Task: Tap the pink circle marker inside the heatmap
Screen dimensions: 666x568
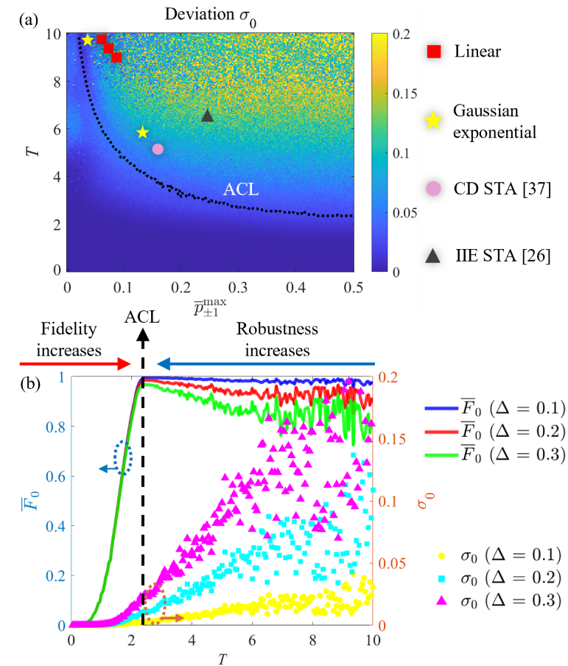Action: (x=158, y=149)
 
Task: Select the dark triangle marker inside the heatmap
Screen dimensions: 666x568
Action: (x=208, y=116)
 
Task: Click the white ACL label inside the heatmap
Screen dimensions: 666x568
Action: (x=241, y=189)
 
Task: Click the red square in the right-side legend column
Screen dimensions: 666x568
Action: (x=434, y=52)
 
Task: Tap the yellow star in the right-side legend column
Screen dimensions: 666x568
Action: (x=434, y=121)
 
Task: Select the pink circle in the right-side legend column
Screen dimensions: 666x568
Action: (x=434, y=189)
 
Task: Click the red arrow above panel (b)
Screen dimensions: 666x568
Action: (x=74, y=362)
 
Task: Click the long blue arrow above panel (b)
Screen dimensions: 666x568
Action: (x=265, y=362)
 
